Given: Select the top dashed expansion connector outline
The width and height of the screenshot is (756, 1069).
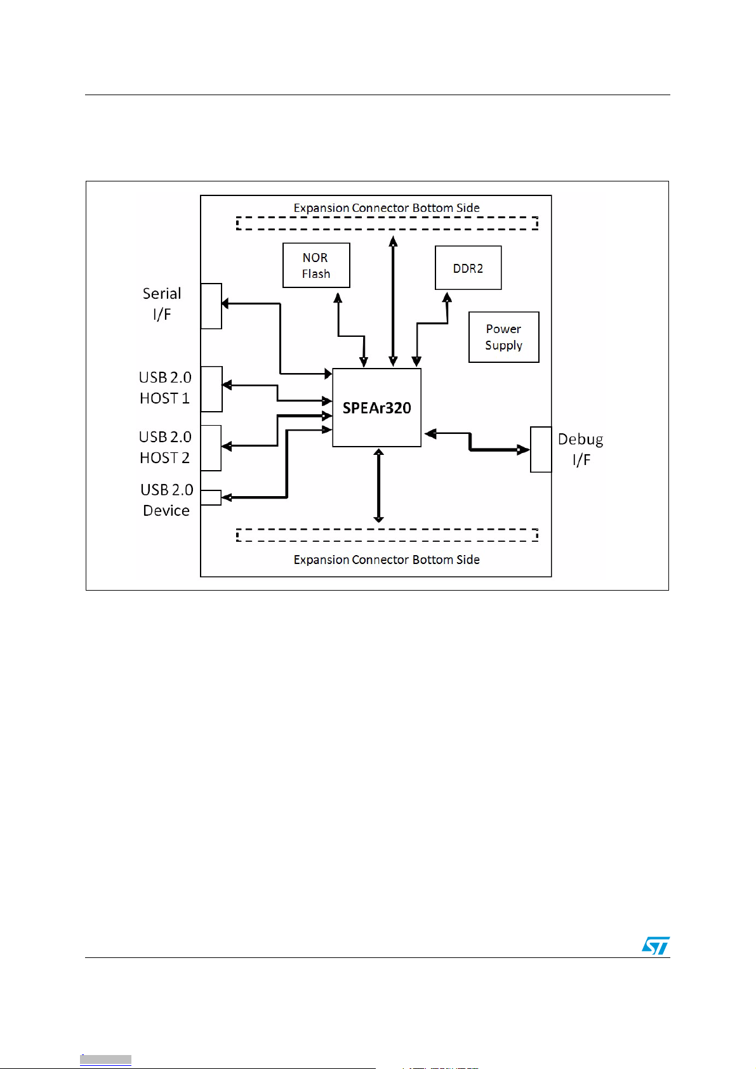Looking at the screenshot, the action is [387, 217].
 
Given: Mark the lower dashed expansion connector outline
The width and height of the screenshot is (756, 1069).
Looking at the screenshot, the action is [387, 529].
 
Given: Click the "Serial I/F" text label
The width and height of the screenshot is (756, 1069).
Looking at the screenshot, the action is [162, 303].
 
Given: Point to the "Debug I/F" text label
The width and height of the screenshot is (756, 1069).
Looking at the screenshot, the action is [581, 449].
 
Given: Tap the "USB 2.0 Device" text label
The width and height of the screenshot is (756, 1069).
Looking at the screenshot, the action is [167, 500].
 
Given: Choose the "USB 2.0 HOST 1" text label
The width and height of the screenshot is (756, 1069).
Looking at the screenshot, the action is [165, 388].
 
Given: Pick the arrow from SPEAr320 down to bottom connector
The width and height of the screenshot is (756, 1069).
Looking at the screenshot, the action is [379, 485].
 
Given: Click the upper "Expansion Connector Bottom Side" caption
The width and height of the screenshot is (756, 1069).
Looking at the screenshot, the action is [387, 208].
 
